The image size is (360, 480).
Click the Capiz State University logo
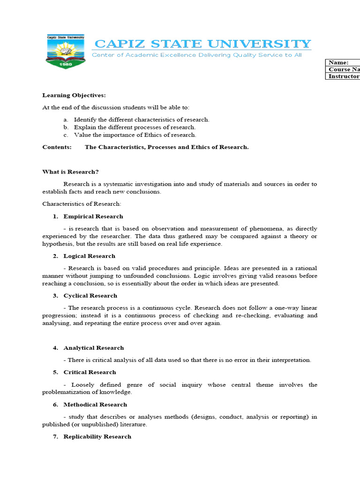[65, 51]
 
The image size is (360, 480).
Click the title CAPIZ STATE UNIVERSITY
[202, 44]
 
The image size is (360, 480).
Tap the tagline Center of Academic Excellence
[196, 55]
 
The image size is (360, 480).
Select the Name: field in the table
[343, 63]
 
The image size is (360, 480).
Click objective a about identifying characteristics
[141, 120]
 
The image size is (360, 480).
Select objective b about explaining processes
[135, 127]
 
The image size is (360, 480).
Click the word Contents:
[57, 147]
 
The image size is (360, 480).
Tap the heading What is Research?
[70, 172]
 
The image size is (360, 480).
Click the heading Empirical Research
[93, 217]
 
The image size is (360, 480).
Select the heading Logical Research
[89, 256]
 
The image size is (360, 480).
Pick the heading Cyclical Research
[90, 296]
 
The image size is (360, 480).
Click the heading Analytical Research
[94, 348]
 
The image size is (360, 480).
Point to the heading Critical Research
[90, 372]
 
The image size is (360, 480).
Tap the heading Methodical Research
[95, 405]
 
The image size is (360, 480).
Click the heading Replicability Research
[97, 436]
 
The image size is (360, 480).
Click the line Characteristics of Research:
[82, 204]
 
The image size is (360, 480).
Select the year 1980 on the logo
[65, 65]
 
